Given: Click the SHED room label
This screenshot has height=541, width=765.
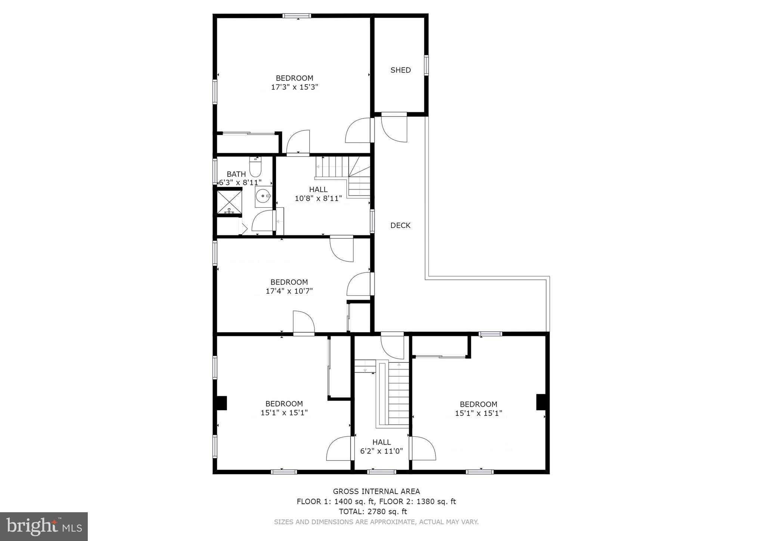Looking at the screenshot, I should (x=400, y=70).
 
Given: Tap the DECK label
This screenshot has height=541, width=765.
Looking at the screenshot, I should (x=400, y=225).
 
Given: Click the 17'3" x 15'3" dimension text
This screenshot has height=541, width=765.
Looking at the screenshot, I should (x=294, y=87).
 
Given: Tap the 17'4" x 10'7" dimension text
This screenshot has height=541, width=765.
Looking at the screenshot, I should (x=289, y=291).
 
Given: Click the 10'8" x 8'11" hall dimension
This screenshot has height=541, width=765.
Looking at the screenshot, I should (x=318, y=198).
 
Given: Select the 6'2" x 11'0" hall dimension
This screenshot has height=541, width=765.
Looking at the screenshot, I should (x=381, y=451).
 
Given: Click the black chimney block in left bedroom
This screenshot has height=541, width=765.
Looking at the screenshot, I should (x=222, y=403).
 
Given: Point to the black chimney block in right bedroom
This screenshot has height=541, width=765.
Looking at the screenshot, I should (x=541, y=402).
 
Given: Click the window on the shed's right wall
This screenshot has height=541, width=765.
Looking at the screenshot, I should (x=426, y=65).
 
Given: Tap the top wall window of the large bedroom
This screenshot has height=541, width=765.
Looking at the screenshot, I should (x=297, y=16).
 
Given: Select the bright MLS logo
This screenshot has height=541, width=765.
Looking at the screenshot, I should (x=44, y=526).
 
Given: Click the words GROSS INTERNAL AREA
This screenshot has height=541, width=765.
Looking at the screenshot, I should (x=376, y=491).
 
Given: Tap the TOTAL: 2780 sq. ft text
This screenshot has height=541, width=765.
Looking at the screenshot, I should (x=372, y=511).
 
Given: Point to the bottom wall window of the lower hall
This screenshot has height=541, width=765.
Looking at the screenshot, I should (x=381, y=472).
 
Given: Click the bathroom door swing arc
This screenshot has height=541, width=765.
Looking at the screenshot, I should (x=263, y=221).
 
